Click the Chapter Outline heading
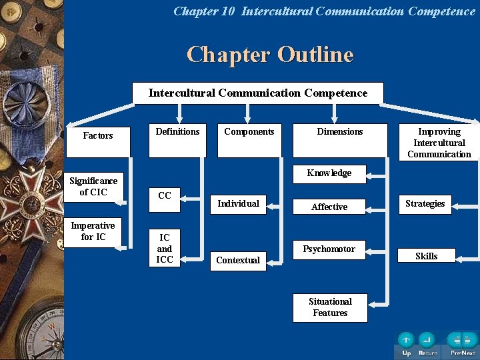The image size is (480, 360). click(x=270, y=55)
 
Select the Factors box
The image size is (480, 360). click(x=97, y=140)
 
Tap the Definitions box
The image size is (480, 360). click(x=177, y=140)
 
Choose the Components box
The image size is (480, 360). click(x=249, y=140)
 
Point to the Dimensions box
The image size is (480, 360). click(x=340, y=140)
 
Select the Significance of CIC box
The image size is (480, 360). click(x=93, y=187)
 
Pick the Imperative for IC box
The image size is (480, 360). click(x=93, y=231)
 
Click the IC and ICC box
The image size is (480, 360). click(x=165, y=248)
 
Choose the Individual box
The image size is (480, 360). click(x=238, y=203)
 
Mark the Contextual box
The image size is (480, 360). click(x=238, y=260)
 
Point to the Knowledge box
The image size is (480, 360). click(x=329, y=173)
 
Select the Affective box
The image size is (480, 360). click(x=329, y=207)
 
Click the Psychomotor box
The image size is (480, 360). click(x=329, y=249)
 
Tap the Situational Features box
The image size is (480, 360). click(x=330, y=307)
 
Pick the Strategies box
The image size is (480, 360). click(x=425, y=204)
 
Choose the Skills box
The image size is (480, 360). click(x=427, y=256)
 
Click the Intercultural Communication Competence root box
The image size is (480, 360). click(x=258, y=93)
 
